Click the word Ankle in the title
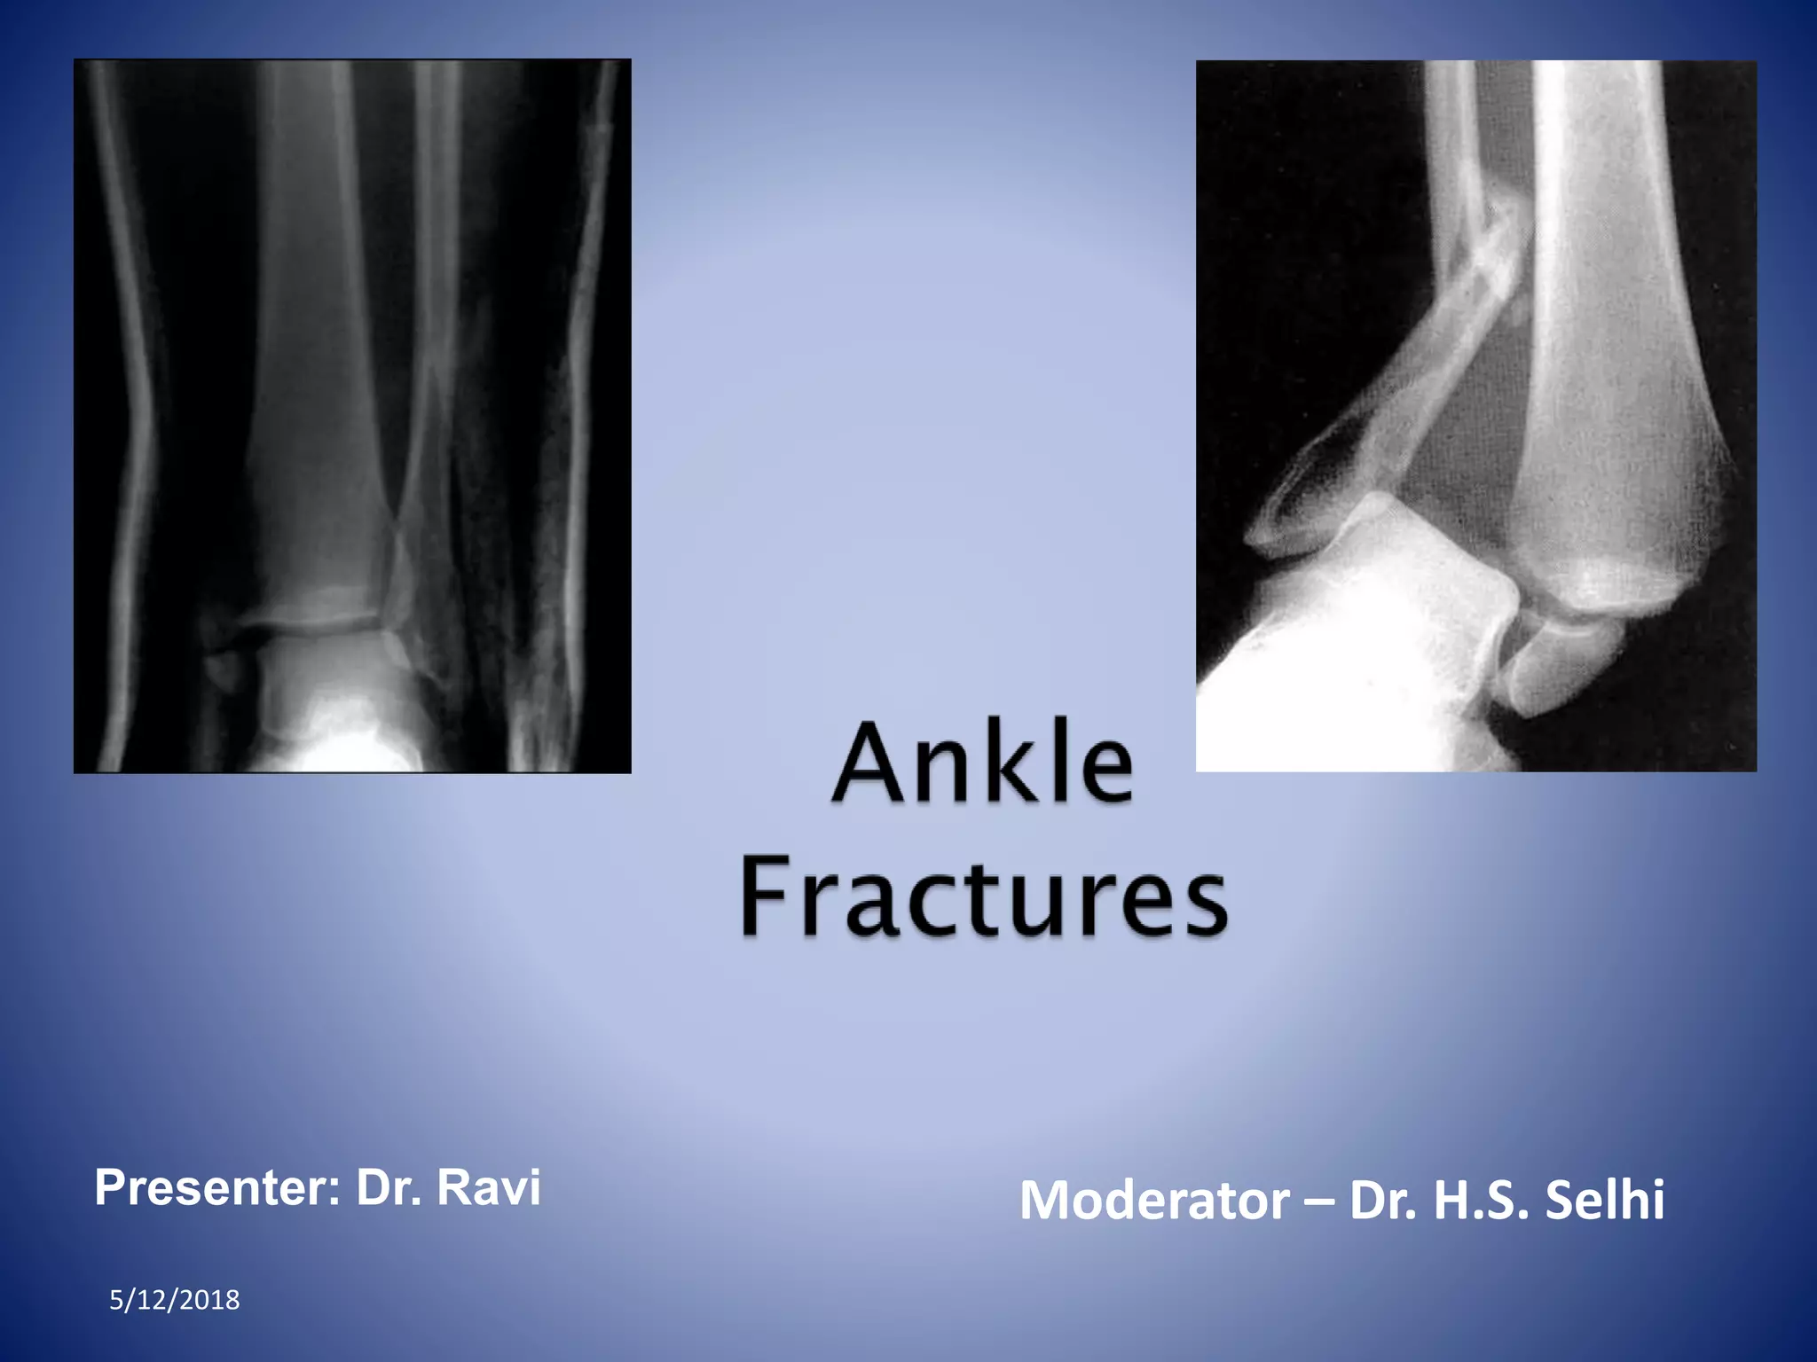983,763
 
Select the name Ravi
489,1188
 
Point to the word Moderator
1153,1201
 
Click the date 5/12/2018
174,1300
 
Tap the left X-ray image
352,416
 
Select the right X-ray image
1475,416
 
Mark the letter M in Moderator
1047,1201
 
